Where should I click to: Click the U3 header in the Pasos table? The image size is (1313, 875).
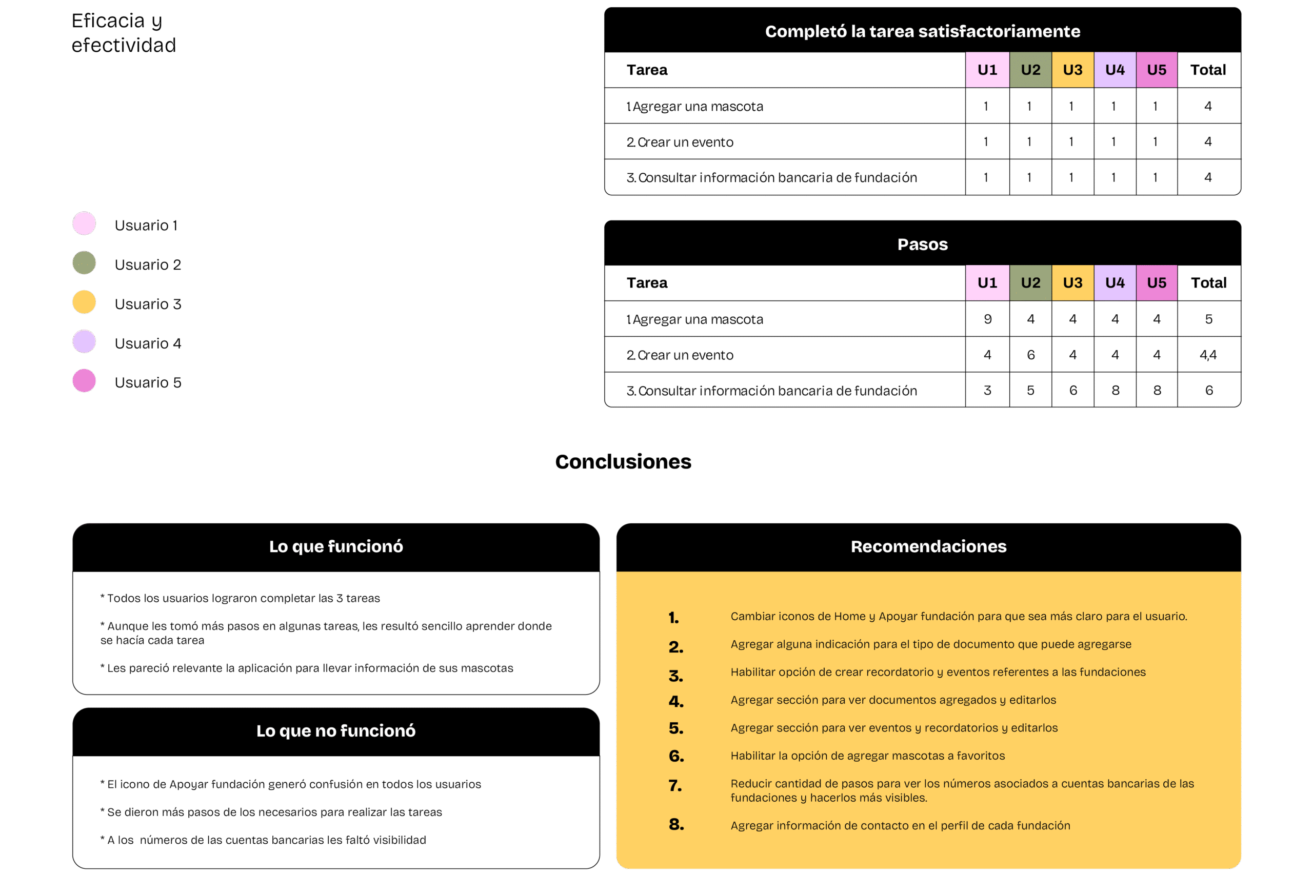click(x=1072, y=283)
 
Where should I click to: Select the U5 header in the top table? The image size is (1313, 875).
click(x=1157, y=70)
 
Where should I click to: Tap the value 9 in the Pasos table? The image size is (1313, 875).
click(x=987, y=319)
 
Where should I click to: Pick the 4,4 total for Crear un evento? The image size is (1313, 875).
click(x=1208, y=355)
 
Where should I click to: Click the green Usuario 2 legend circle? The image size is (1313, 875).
click(x=84, y=263)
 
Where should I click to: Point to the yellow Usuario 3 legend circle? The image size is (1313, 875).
click(x=84, y=302)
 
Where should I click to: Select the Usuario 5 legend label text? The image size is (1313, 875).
click(x=148, y=382)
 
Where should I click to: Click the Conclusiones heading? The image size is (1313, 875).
click(x=623, y=461)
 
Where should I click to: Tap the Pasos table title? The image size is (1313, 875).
click(x=922, y=244)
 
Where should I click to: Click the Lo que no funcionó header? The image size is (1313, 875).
click(x=336, y=731)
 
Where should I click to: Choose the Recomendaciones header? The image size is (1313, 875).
click(x=928, y=546)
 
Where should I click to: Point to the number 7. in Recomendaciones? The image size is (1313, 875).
click(x=675, y=786)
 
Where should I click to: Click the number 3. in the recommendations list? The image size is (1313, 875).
click(x=676, y=676)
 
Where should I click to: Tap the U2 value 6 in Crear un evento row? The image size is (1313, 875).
click(x=1030, y=355)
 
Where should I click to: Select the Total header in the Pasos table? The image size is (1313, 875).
click(x=1208, y=283)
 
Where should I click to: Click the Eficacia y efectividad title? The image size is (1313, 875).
click(x=124, y=33)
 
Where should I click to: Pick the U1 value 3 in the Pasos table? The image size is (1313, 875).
click(x=987, y=390)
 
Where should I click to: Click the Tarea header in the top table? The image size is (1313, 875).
click(x=647, y=70)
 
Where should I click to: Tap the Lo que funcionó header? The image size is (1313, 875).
click(x=336, y=546)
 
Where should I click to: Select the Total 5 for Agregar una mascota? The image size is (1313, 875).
click(x=1208, y=319)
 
